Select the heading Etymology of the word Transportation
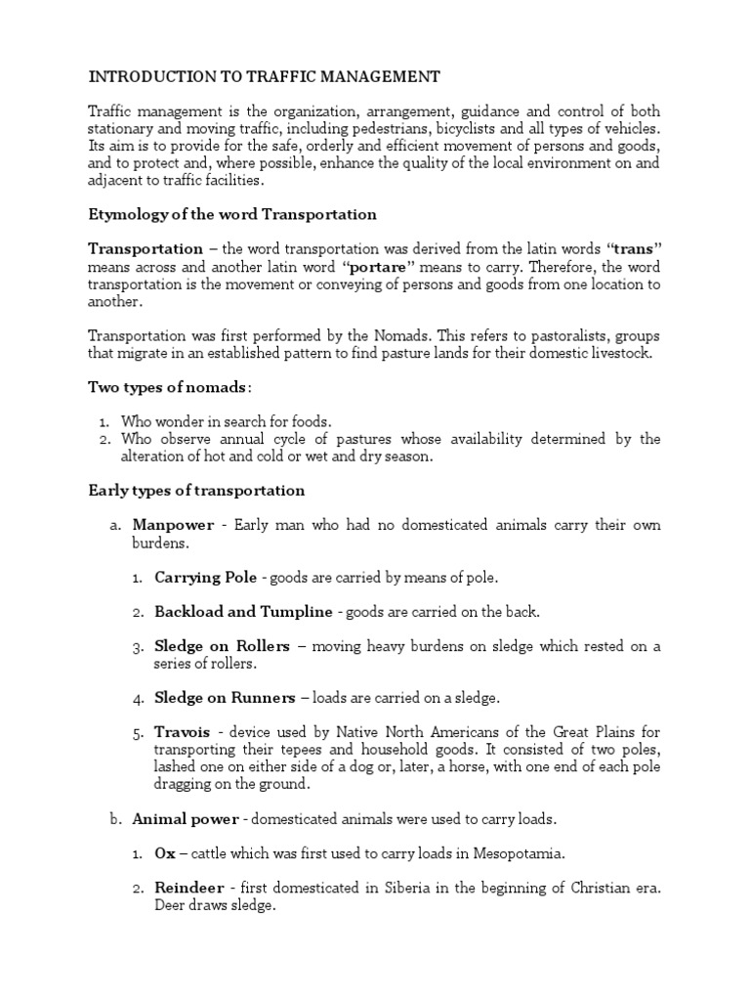232,214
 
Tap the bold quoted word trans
632,249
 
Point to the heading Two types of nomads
168,387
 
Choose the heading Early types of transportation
196,490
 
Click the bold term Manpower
175,526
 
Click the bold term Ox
163,853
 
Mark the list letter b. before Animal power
115,818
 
